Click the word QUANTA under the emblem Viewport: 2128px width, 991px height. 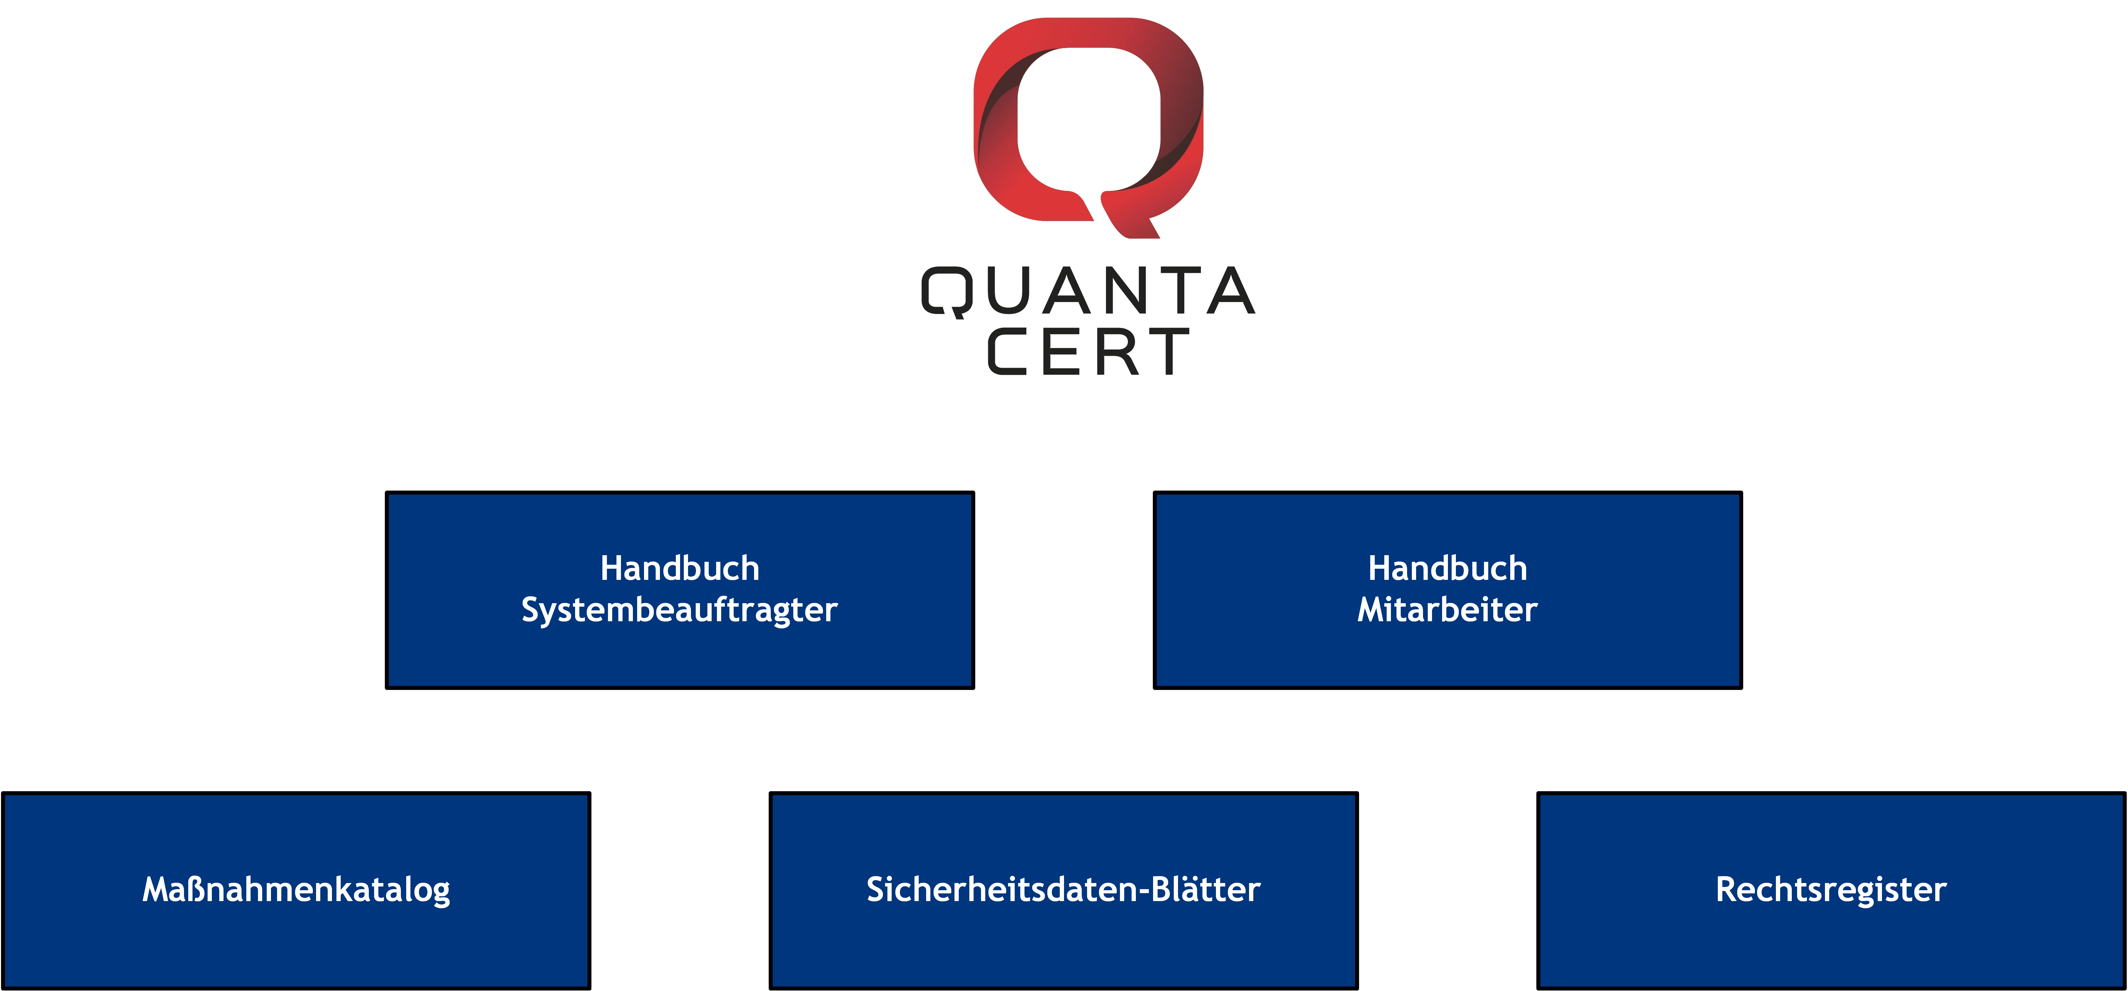click(x=1089, y=291)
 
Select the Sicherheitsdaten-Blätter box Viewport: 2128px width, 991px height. click(x=1063, y=890)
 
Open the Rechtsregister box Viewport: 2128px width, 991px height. click(x=1831, y=890)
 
